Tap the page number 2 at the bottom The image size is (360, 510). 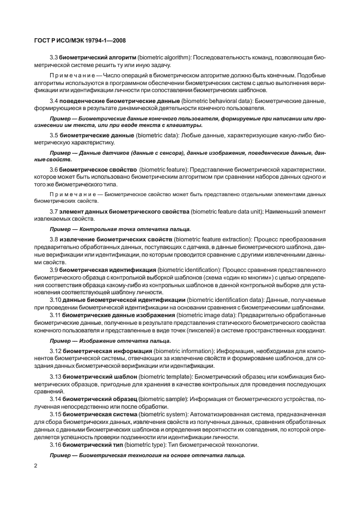coord(35,467)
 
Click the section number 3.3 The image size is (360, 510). coord(54,57)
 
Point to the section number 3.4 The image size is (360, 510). coord(54,101)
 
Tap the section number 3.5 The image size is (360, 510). coord(54,134)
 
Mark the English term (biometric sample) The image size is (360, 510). coord(161,399)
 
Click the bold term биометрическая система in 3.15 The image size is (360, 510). coord(99,414)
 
